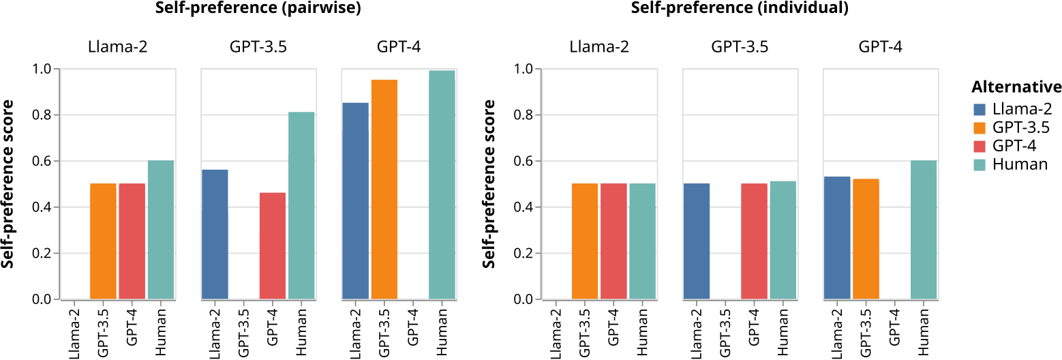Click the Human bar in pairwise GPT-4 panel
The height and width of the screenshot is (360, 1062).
(442, 185)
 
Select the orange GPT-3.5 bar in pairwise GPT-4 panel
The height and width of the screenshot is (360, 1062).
(384, 190)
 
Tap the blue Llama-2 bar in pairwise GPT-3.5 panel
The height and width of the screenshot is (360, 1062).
(215, 235)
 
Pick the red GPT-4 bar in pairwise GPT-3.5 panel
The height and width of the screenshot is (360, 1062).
(273, 246)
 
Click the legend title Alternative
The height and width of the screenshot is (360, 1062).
(1016, 87)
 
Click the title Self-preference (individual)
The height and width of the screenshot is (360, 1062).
(740, 8)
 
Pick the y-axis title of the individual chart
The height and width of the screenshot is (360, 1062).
(488, 184)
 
